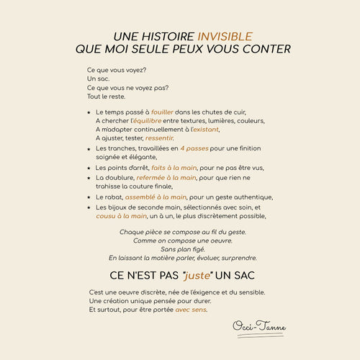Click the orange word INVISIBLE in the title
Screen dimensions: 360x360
tap(225, 36)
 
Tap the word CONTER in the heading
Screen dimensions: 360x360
tap(267, 49)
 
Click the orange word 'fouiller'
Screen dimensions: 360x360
tap(162, 112)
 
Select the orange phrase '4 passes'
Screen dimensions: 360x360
tap(194, 148)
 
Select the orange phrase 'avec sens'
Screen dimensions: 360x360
tap(191, 310)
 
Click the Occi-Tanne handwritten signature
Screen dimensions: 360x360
tap(259, 328)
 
